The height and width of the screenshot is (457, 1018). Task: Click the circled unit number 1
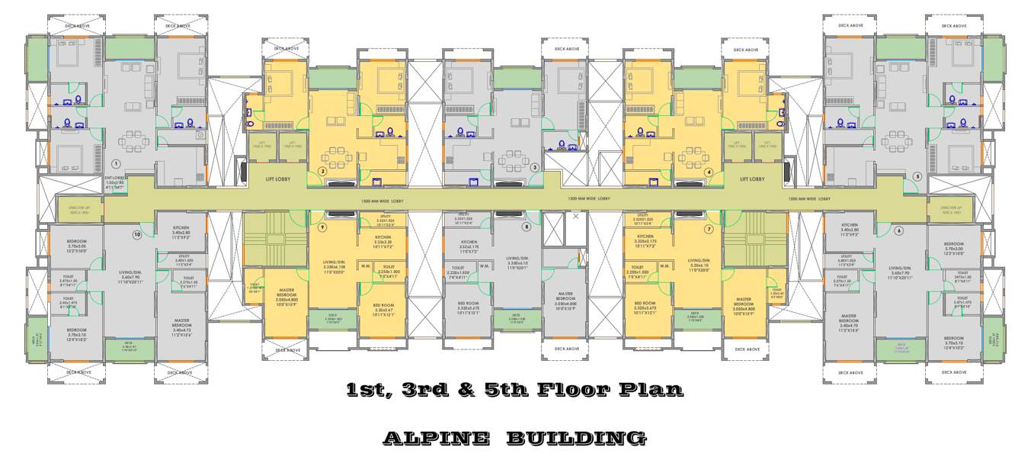coord(116,163)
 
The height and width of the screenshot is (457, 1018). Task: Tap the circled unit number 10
coord(137,234)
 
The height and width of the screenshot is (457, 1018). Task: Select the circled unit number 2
coord(322,172)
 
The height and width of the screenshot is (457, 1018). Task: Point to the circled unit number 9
coord(322,227)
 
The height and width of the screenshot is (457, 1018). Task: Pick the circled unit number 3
coord(534,167)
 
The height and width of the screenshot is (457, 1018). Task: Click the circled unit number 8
coord(526,227)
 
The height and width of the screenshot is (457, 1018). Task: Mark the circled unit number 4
coord(709,172)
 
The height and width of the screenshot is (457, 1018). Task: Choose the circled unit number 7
coord(708,228)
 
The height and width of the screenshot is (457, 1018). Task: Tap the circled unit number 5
coord(917,176)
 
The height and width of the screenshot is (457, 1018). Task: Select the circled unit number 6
coord(898,230)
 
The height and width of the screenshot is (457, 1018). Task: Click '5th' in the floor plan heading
coord(509,390)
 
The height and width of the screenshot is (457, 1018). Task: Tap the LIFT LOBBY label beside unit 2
coord(277,179)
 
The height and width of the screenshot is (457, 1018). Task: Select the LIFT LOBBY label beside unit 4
coord(753,179)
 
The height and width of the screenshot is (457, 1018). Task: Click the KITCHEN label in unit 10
coord(181,228)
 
